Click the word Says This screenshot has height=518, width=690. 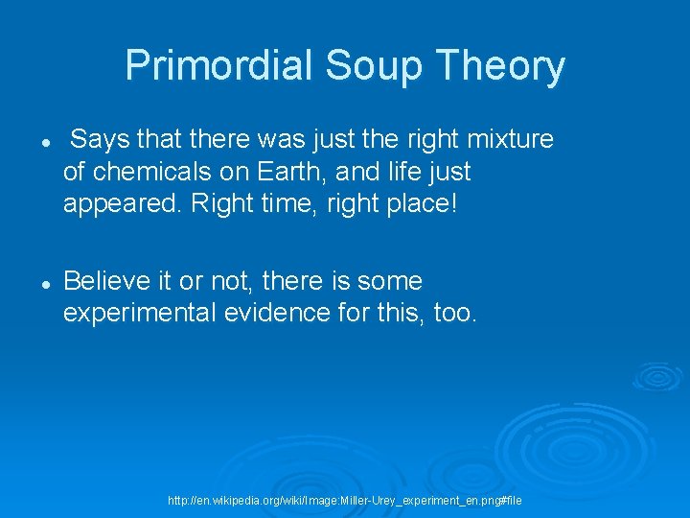pos(101,140)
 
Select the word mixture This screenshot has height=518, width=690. pos(509,140)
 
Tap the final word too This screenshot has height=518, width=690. pos(453,314)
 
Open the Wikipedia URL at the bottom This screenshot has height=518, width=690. pos(345,501)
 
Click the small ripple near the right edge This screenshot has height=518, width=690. pos(659,378)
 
